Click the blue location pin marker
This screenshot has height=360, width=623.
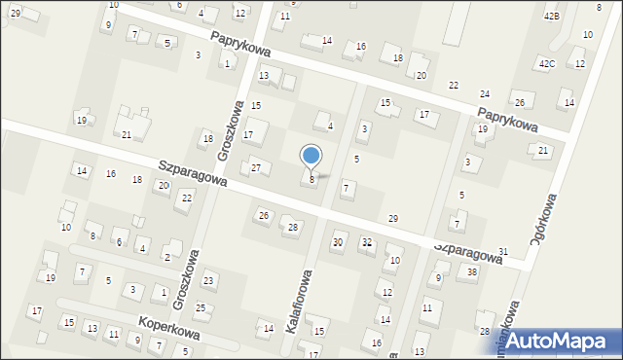tap(311, 157)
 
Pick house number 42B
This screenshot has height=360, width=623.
tap(552, 18)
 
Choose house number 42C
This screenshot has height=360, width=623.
tap(547, 64)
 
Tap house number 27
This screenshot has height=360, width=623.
tap(256, 168)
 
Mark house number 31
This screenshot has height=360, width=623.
tap(503, 252)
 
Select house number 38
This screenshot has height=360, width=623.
tap(472, 272)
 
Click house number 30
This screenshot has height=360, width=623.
tap(338, 242)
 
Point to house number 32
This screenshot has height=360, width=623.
tap(367, 242)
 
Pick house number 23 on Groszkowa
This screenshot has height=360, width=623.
tap(207, 281)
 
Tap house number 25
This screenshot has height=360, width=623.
tap(201, 308)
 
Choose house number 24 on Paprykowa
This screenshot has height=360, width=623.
tap(485, 93)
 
